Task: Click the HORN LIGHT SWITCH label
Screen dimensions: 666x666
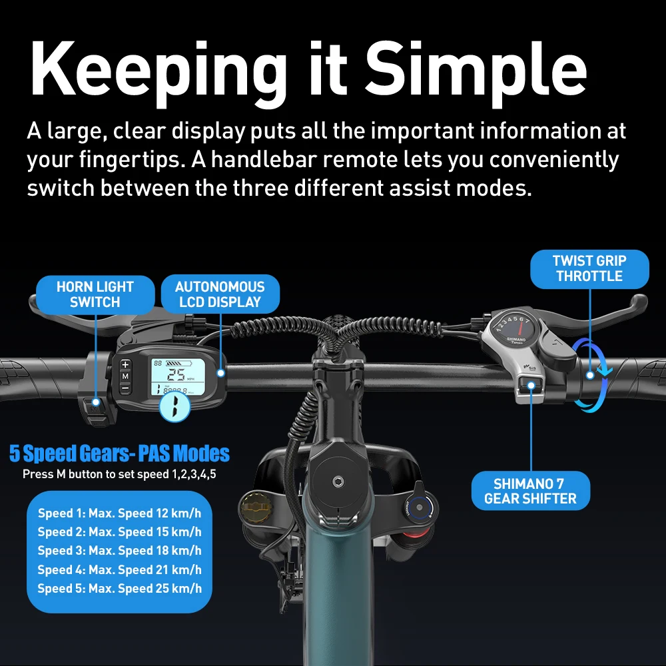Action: coord(95,294)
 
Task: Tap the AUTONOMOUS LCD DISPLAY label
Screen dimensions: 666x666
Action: coord(220,294)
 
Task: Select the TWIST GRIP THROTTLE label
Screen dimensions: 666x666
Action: coord(589,268)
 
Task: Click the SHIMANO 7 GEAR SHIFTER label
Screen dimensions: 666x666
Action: coord(531,491)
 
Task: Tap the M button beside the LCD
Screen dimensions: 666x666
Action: coord(125,376)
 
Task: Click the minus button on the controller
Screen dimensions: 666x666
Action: coord(125,388)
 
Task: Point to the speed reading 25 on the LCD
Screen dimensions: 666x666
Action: coord(176,374)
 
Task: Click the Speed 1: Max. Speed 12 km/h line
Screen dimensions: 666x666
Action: coord(119,513)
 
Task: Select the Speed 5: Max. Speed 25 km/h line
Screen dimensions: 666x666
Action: coord(119,588)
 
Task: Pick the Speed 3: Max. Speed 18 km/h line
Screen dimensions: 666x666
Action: coord(119,551)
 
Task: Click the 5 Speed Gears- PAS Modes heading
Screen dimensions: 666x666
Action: coord(119,453)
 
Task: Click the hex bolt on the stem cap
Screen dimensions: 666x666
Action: coord(338,482)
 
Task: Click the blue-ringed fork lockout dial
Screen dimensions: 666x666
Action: coord(418,507)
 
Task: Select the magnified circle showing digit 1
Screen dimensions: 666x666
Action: coord(174,406)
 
